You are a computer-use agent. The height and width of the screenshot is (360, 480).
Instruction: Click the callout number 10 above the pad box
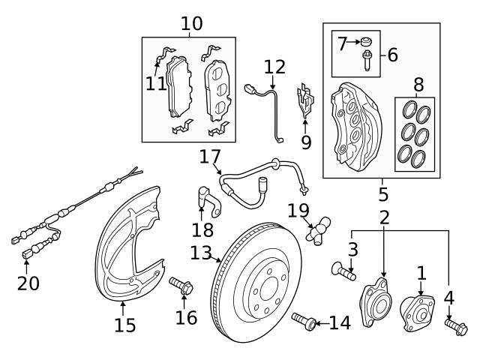pyautogui.click(x=191, y=23)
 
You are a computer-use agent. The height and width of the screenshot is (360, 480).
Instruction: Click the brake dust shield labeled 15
pyautogui.click(x=127, y=247)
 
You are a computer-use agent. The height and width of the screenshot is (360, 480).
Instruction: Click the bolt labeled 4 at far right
pyautogui.click(x=456, y=326)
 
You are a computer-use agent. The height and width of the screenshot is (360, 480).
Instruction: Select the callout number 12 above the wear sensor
pyautogui.click(x=274, y=66)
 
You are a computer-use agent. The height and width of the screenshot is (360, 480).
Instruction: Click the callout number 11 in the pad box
pyautogui.click(x=156, y=82)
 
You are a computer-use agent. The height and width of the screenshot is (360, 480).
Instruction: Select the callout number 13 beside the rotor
pyautogui.click(x=199, y=253)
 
